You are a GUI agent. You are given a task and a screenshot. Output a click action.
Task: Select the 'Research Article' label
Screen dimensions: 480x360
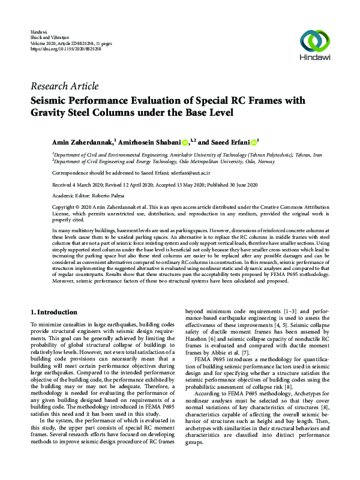click(64, 86)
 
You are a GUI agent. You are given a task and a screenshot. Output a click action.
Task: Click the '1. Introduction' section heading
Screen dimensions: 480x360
click(53, 313)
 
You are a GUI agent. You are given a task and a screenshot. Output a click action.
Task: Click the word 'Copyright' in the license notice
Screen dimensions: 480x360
click(64, 206)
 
